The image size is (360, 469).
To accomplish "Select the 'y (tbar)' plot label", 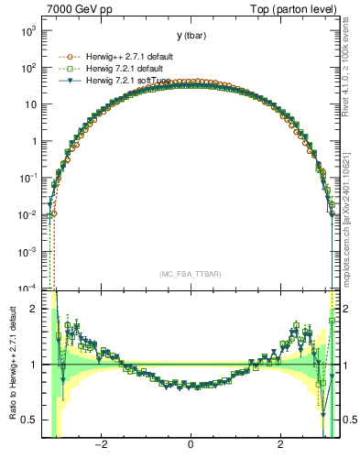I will click(x=191, y=36).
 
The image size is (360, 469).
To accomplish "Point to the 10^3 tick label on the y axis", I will click(x=29, y=31).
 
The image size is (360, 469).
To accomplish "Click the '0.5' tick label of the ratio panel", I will click(x=31, y=420).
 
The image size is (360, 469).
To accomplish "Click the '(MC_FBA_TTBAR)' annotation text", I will click(x=190, y=274).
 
